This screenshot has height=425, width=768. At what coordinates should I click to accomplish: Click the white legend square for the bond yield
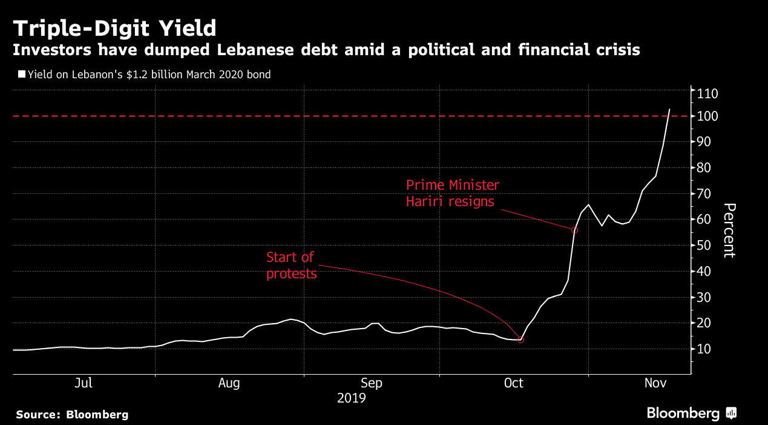[22, 75]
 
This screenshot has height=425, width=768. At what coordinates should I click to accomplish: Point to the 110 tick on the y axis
[707, 93]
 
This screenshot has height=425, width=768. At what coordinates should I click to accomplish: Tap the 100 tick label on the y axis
[707, 116]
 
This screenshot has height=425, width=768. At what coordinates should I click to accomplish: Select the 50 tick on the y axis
[704, 246]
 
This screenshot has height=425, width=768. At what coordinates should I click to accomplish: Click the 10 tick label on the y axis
[704, 349]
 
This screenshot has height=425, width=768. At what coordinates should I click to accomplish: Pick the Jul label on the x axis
[84, 383]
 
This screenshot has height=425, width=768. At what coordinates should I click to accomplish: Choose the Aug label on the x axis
[229, 383]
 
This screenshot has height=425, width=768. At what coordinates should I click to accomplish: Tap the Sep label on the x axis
[371, 383]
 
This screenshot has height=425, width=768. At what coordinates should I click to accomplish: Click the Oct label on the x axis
[513, 383]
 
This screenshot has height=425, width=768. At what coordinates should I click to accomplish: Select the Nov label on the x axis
[655, 383]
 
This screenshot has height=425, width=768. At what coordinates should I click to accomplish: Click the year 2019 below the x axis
[351, 398]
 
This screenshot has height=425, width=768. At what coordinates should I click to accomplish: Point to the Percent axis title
[729, 230]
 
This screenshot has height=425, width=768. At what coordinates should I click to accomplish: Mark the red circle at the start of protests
[520, 340]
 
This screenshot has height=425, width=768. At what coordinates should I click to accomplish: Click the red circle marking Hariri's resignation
[574, 230]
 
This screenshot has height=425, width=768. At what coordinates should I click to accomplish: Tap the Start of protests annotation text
[291, 266]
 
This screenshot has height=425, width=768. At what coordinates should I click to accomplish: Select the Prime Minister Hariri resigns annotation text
[453, 193]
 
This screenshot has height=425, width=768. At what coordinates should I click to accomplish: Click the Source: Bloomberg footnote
[72, 415]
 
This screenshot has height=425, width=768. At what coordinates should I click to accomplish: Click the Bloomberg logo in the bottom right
[691, 413]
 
